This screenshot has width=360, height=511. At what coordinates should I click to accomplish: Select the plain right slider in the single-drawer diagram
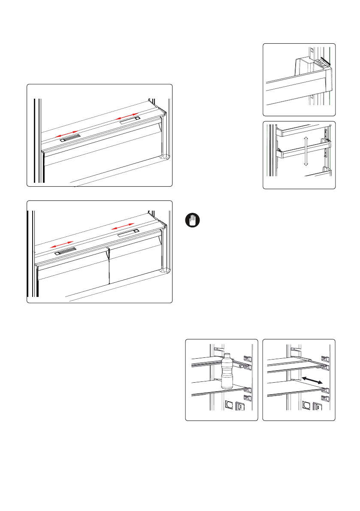tap(130, 121)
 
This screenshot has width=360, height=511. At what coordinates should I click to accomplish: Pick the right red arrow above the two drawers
tap(124, 226)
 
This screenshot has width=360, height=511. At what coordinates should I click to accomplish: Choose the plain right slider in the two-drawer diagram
tap(127, 232)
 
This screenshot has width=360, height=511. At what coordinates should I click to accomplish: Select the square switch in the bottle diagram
tap(241, 405)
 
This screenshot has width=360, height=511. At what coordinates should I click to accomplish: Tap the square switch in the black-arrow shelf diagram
tap(318, 405)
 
